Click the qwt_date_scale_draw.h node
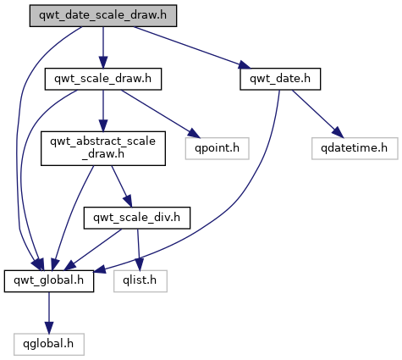pyautogui.click(x=103, y=16)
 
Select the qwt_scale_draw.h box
pyautogui.click(x=103, y=79)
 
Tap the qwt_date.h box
pyautogui.click(x=280, y=79)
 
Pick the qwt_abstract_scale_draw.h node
pyautogui.click(x=103, y=148)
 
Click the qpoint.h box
pyautogui.click(x=217, y=148)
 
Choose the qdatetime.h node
pyautogui.click(x=355, y=148)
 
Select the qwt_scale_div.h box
pyautogui.click(x=137, y=218)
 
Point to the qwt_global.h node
pyautogui.click(x=49, y=281)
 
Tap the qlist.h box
pyautogui.click(x=140, y=281)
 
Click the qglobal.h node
pyautogui.click(x=49, y=345)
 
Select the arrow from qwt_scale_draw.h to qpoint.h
pyautogui.click(x=161, y=114)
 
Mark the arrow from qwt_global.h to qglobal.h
pyautogui.click(x=49, y=313)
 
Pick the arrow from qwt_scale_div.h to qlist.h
pyautogui.click(x=139, y=250)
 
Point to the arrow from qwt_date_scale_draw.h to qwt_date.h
pyautogui.click(x=192, y=47)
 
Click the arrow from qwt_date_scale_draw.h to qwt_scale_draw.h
pyautogui.click(x=103, y=47)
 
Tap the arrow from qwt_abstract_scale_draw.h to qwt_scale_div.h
pyautogui.click(x=122, y=186)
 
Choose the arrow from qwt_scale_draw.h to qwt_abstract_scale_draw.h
pyautogui.click(x=103, y=111)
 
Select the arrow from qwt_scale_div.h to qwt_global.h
pyautogui.click(x=94, y=249)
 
